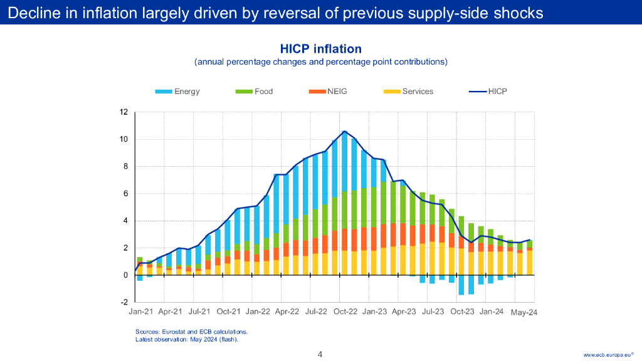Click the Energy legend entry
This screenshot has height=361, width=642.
[x=177, y=92]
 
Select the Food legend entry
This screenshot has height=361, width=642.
[x=255, y=92]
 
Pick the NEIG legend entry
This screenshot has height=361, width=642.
[x=328, y=92]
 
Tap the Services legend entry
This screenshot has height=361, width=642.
[x=409, y=92]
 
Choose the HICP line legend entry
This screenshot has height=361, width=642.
[x=488, y=92]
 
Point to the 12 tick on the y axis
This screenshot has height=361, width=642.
[x=124, y=112]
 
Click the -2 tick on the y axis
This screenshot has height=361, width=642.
[x=124, y=302]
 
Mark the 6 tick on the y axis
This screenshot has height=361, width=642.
[x=125, y=194]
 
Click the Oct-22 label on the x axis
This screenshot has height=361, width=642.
[x=345, y=311]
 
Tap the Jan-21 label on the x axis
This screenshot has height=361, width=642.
[x=140, y=311]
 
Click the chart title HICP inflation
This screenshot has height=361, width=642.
[x=320, y=49]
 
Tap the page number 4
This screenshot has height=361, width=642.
[x=320, y=354]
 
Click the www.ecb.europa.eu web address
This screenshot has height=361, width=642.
[x=608, y=355]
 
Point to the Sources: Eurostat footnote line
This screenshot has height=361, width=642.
[x=191, y=332]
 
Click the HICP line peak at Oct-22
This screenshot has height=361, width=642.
[x=344, y=132]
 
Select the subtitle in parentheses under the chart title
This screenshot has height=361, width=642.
[x=320, y=62]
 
